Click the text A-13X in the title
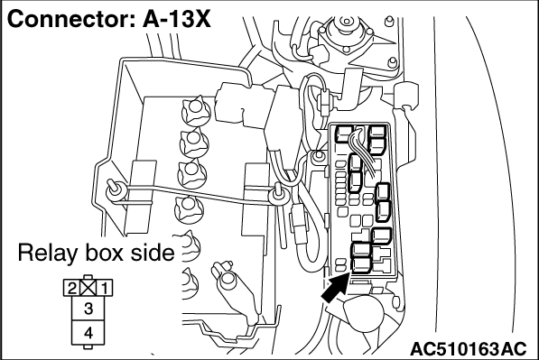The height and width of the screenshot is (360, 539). (177, 19)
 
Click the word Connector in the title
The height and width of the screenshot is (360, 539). (71, 19)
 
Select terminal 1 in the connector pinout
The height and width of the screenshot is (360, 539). (105, 288)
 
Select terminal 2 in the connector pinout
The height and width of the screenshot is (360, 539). (71, 288)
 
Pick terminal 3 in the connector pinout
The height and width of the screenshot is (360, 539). (88, 309)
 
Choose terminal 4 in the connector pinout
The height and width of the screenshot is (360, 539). (88, 333)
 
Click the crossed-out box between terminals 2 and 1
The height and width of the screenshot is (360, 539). (88, 288)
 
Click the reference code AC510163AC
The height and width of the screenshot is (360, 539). (469, 349)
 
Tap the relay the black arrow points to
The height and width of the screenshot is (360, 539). (361, 264)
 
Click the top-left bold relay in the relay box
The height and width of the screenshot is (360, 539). (344, 134)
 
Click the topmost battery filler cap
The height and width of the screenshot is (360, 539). (196, 111)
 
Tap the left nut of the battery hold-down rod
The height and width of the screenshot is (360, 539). (116, 190)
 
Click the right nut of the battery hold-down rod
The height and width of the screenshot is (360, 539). (278, 196)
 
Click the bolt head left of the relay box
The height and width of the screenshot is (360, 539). (319, 156)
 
